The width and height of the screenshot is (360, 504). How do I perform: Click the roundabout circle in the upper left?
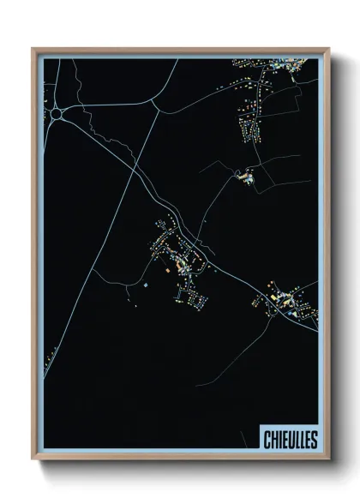pyautogui.click(x=57, y=112)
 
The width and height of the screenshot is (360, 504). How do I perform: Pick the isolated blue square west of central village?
pyautogui.click(x=145, y=285)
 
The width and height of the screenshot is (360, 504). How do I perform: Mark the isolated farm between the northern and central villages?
pyautogui.click(x=244, y=177)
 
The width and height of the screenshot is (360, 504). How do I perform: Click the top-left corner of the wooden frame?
pyautogui.click(x=33, y=50)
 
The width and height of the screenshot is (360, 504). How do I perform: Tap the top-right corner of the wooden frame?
pyautogui.click(x=327, y=50)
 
